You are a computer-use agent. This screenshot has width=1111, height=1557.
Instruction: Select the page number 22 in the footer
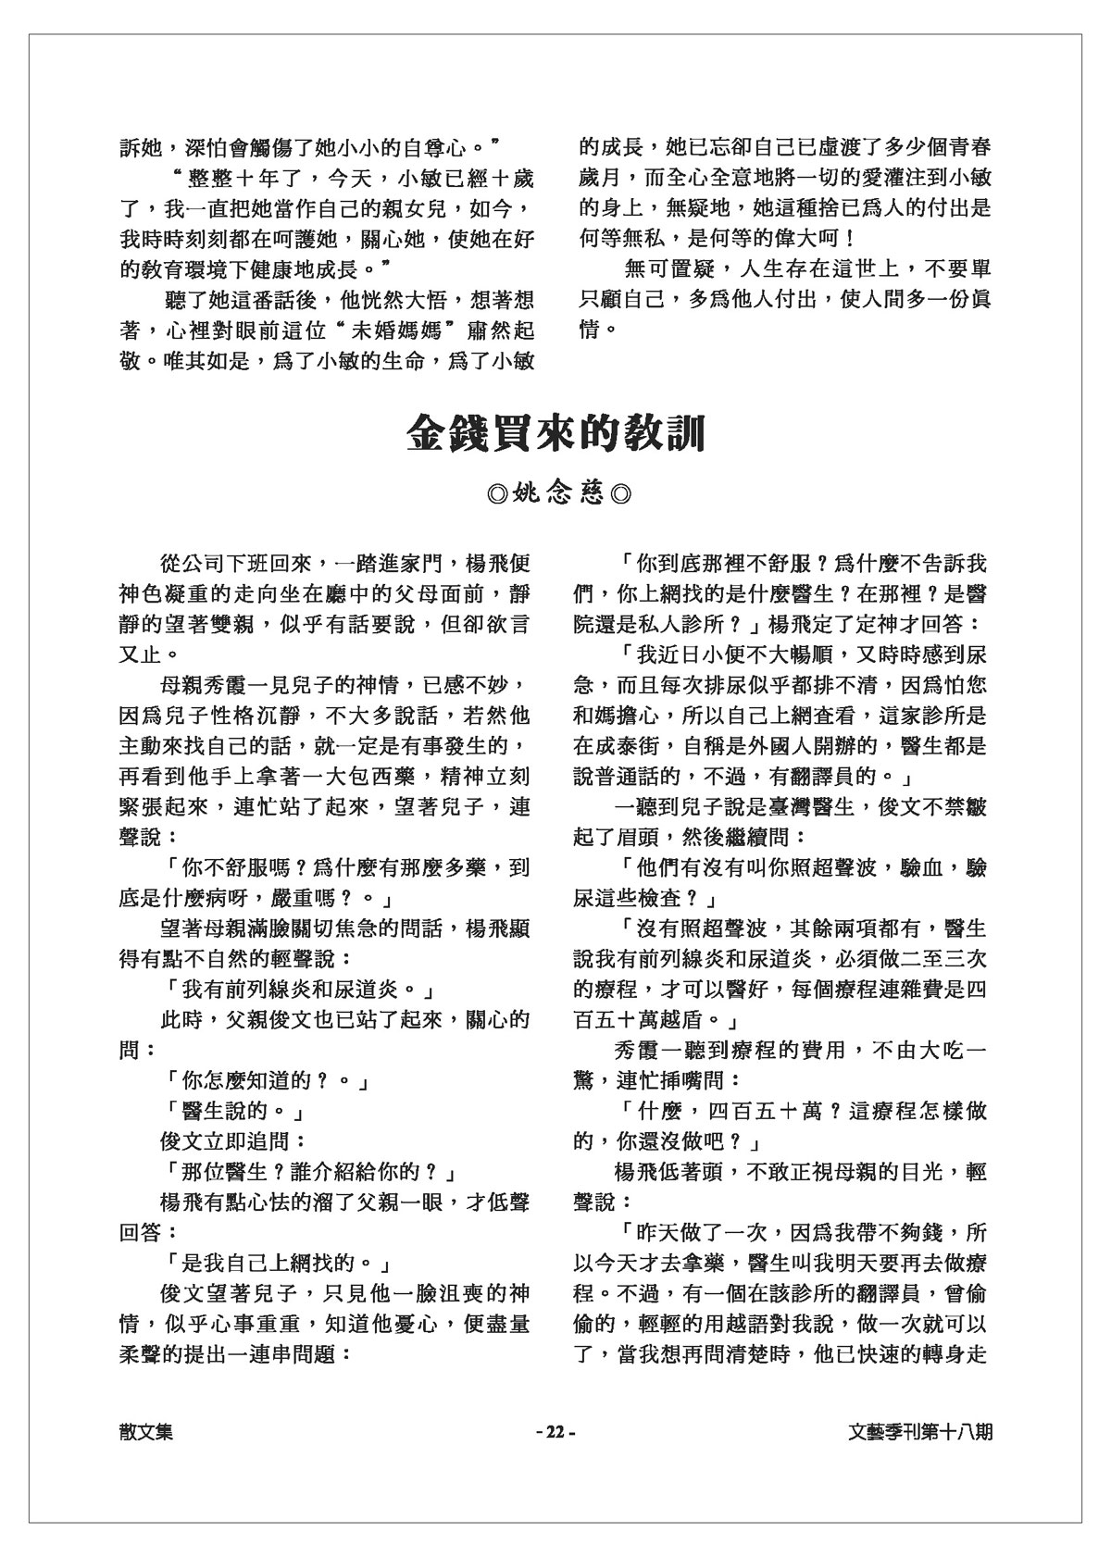pos(555,1431)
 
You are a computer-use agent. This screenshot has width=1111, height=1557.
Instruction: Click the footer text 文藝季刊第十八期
pos(920,1431)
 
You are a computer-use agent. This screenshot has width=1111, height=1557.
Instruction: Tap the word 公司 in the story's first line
pos(203,564)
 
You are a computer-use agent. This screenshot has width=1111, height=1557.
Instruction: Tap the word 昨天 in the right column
pos(655,1234)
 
